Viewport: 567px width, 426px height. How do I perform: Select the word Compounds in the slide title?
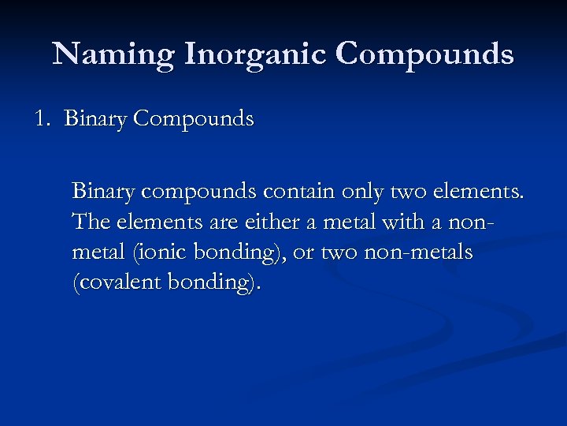click(424, 54)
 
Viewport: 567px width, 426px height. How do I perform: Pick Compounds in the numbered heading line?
click(194, 119)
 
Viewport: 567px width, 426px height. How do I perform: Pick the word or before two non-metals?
click(306, 252)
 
